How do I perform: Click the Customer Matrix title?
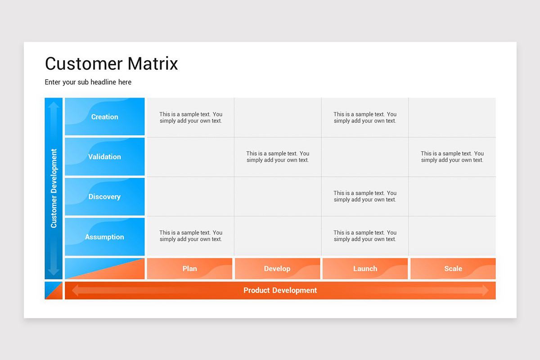pyautogui.click(x=112, y=63)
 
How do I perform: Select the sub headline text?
pyautogui.click(x=88, y=82)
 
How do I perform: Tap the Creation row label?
pyautogui.click(x=104, y=117)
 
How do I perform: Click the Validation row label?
pyautogui.click(x=104, y=157)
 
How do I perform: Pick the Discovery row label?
pyautogui.click(x=104, y=197)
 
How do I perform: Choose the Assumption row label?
pyautogui.click(x=104, y=237)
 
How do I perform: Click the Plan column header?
pyautogui.click(x=189, y=269)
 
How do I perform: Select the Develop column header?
pyautogui.click(x=277, y=269)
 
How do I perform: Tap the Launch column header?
pyautogui.click(x=365, y=269)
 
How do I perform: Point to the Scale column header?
pyautogui.click(x=453, y=269)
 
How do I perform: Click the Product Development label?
pyautogui.click(x=280, y=291)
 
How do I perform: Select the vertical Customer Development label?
pyautogui.click(x=54, y=188)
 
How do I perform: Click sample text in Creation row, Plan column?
pyautogui.click(x=191, y=117)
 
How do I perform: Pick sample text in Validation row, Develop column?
pyautogui.click(x=278, y=157)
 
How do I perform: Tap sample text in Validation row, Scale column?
pyautogui.click(x=452, y=157)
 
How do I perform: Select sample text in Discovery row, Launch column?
pyautogui.click(x=365, y=196)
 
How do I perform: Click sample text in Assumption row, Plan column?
pyautogui.click(x=191, y=236)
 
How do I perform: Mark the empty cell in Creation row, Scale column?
pyautogui.click(x=452, y=117)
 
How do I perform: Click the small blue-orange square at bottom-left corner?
pyautogui.click(x=54, y=291)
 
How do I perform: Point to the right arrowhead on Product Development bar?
pyautogui.click(x=485, y=291)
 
